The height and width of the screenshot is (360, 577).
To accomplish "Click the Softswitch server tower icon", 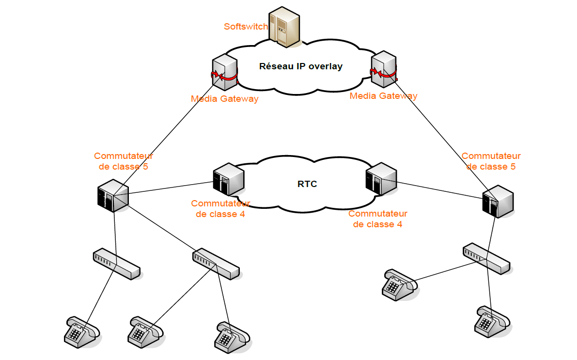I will pos(284,28).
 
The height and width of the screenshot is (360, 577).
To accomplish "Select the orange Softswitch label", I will pos(246,27).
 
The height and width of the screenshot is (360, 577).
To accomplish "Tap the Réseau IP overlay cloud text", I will pos(301,66).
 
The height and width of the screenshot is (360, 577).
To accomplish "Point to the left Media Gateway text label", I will pos(224,99).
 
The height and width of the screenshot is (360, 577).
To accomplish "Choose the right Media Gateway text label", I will pos(383,96).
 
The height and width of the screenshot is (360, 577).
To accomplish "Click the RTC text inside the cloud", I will pos(307,184).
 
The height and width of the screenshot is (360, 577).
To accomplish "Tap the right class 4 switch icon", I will pos(381,179).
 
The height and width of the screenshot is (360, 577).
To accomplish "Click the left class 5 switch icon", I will pos(112,196).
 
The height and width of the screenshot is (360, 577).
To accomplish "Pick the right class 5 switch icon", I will pos(498,201).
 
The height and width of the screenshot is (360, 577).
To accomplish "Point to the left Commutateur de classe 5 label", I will pos(123,161).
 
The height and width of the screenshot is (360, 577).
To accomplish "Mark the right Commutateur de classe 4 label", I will pos(378,219).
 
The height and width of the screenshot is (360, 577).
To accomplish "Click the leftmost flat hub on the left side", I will pos(116,264).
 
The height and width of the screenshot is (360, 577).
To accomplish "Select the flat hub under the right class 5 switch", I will pos(486,258).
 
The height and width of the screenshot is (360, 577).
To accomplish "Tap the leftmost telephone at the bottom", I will pos(81,331).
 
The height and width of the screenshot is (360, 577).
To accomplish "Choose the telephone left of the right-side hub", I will pos(399,285).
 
